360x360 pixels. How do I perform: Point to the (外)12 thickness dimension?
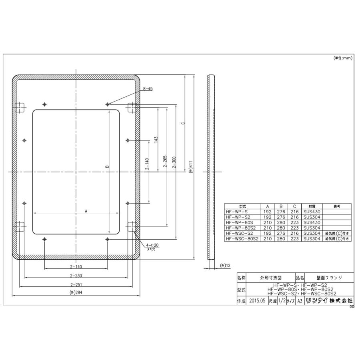tap(225, 266)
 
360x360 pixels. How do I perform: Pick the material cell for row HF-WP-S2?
tap(310, 217)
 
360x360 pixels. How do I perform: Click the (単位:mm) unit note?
tap(342, 58)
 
